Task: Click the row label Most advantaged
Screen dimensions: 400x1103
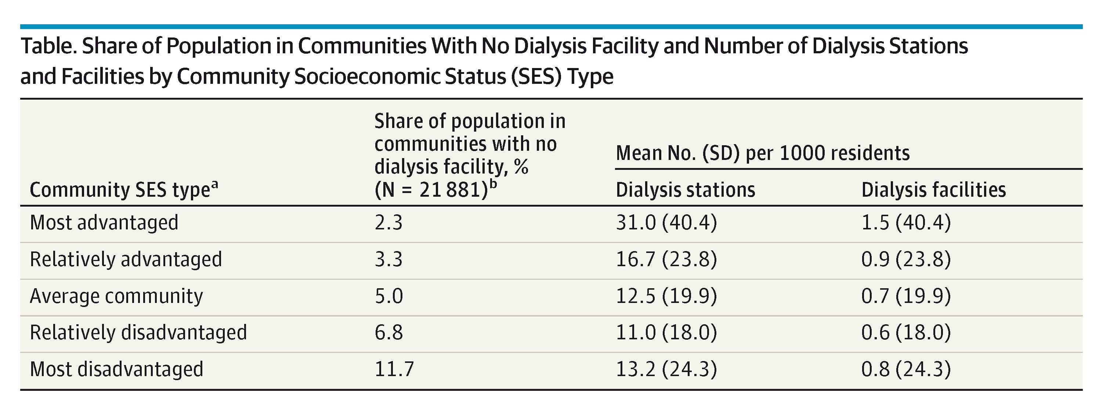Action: click(x=104, y=223)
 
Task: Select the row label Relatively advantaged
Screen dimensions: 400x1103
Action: click(x=126, y=260)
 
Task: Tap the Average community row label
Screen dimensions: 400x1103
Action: click(x=116, y=296)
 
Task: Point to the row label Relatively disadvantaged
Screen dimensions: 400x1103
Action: click(x=138, y=333)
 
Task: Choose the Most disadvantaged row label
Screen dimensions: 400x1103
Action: click(x=116, y=369)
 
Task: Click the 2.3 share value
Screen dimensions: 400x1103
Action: click(x=388, y=223)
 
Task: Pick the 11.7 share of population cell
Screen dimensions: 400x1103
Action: click(x=394, y=369)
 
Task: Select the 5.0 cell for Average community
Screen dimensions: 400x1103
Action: click(x=388, y=296)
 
